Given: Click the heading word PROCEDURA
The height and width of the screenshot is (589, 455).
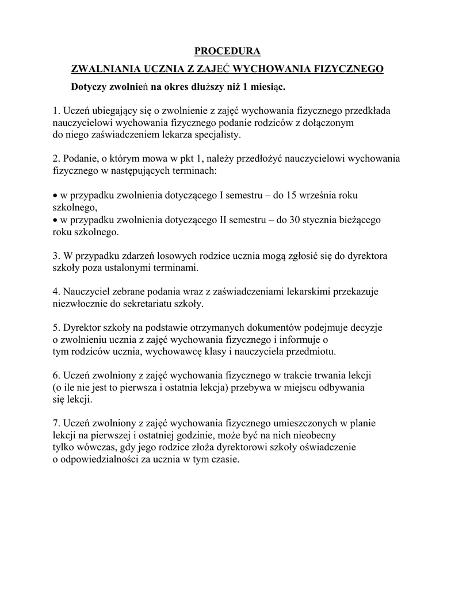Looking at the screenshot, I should point(227,52).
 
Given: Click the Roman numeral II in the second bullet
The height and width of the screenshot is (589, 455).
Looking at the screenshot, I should point(224,220).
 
